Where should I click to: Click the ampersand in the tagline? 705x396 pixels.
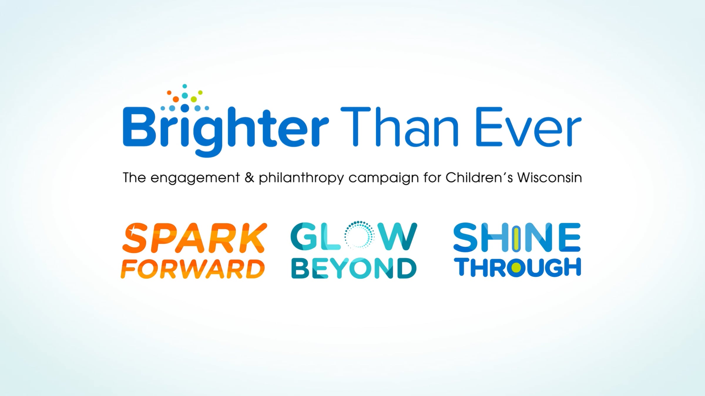[249, 178]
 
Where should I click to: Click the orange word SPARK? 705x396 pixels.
[194, 238]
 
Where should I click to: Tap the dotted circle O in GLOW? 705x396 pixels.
[359, 235]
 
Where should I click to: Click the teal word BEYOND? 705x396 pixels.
[354, 268]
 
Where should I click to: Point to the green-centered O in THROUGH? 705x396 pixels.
[516, 268]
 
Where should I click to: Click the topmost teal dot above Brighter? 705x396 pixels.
[185, 86]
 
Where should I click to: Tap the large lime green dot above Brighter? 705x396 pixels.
[194, 99]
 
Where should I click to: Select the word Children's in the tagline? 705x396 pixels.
[479, 178]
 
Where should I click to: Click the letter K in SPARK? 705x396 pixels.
[251, 238]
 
